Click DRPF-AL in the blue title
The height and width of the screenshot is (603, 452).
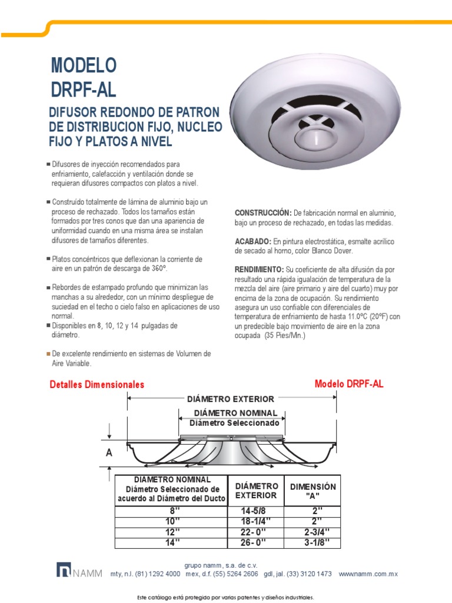[84, 90]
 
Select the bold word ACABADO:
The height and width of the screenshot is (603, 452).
[252, 241]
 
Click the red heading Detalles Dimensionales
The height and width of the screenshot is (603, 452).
[97, 385]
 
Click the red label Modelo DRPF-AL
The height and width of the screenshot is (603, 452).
[349, 384]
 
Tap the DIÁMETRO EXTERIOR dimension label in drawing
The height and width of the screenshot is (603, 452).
[230, 399]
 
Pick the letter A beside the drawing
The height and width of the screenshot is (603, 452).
[108, 453]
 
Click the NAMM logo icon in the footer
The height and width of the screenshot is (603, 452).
[63, 570]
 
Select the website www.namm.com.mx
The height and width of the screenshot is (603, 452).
[369, 574]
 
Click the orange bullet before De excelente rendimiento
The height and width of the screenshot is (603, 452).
[48, 354]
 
